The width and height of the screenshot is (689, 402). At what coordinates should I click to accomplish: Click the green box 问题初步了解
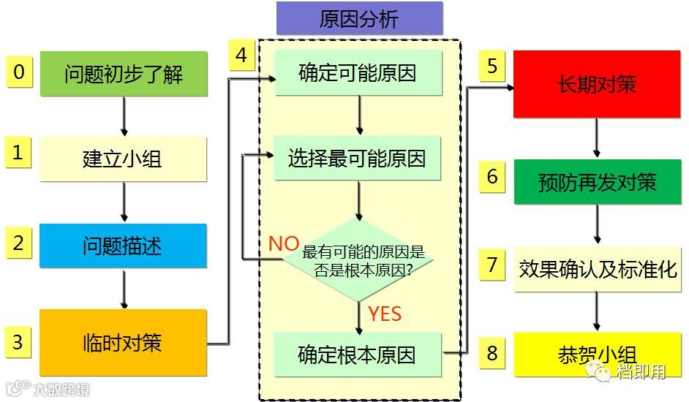tap(123, 74)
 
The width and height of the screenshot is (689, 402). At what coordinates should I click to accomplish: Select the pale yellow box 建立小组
tap(123, 159)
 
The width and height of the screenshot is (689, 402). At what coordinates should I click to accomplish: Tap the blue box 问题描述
tap(123, 246)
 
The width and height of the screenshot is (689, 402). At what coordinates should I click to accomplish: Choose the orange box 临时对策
tap(123, 342)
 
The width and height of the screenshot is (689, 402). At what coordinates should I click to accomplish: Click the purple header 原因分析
tap(359, 18)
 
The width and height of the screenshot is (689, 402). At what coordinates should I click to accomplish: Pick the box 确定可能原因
tap(358, 73)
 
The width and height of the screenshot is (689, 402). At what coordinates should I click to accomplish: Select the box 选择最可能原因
tap(358, 159)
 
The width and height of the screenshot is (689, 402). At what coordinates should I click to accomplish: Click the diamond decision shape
tap(358, 259)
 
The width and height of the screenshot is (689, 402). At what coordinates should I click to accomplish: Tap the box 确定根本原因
tap(358, 355)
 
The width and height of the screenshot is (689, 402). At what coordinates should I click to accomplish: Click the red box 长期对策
tap(597, 84)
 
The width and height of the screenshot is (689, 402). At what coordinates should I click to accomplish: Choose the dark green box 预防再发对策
tap(597, 182)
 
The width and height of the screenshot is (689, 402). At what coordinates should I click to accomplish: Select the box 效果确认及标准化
tap(597, 270)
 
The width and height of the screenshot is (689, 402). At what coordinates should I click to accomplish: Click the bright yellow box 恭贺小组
tap(597, 354)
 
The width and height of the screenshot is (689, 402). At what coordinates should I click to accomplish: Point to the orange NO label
tap(284, 244)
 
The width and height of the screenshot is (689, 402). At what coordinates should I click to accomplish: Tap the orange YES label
tap(385, 314)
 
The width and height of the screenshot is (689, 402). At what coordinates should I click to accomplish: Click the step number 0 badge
tap(20, 72)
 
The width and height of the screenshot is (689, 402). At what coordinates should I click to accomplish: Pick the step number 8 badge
tap(492, 354)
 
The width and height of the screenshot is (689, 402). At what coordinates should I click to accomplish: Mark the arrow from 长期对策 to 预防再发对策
tap(598, 137)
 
